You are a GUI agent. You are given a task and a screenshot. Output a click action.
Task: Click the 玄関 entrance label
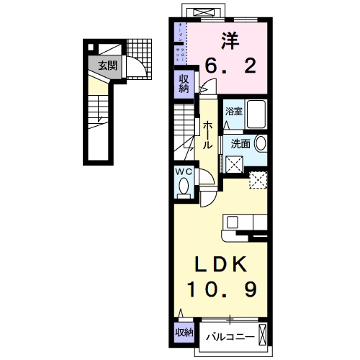click(x=107, y=66)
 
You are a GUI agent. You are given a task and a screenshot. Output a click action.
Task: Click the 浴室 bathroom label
click(x=233, y=112)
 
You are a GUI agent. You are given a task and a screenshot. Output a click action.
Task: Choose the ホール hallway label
click(x=207, y=135)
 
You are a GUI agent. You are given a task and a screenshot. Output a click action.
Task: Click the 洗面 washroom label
click(x=240, y=143)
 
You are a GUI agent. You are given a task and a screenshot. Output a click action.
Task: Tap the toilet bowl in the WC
click(x=183, y=187)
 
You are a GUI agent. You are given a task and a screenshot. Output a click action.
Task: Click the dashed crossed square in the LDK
click(x=257, y=179)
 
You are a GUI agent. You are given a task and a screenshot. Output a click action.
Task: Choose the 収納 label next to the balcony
click(x=184, y=333)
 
